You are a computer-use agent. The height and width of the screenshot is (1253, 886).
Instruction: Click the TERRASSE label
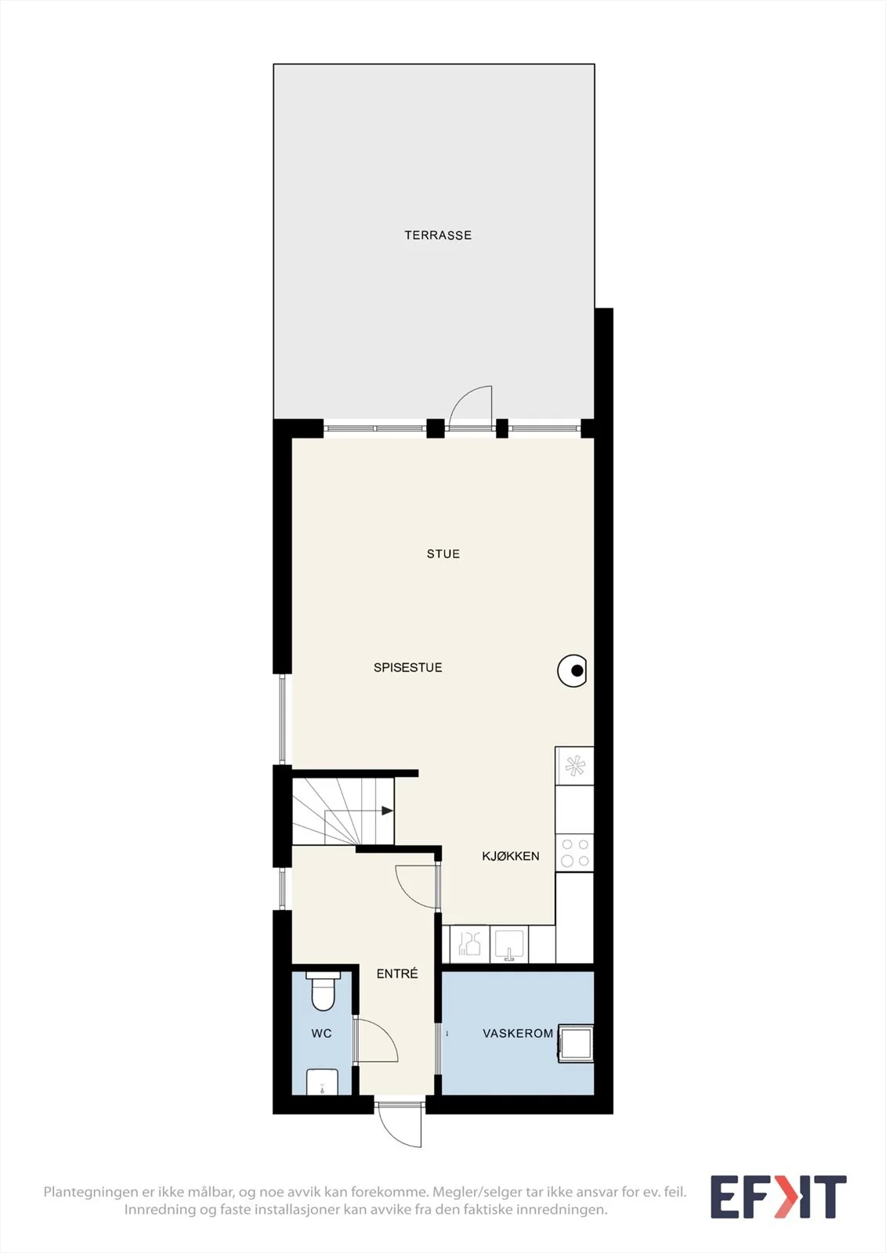[x=438, y=236]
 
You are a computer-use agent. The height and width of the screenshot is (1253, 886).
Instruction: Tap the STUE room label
[x=443, y=554]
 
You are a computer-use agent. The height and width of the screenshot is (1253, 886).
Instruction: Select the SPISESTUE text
[x=408, y=667]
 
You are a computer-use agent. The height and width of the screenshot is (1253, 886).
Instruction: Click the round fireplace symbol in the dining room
[x=572, y=670]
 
